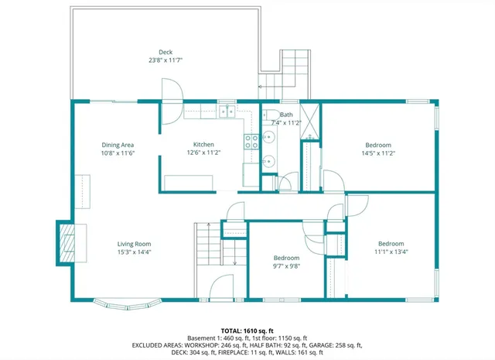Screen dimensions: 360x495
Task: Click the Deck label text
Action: (x=166, y=52)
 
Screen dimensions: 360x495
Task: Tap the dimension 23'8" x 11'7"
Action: (x=166, y=60)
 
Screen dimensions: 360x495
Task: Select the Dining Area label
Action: (x=118, y=145)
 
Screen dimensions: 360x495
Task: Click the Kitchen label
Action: (x=203, y=145)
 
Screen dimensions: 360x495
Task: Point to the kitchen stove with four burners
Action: (x=251, y=141)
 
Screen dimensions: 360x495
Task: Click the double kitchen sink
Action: (x=227, y=112)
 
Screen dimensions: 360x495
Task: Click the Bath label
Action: (x=286, y=115)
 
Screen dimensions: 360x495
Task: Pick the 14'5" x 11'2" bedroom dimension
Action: (x=378, y=153)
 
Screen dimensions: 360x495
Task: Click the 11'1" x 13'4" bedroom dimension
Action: (x=391, y=251)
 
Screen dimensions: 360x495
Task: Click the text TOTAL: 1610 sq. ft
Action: (x=247, y=329)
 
